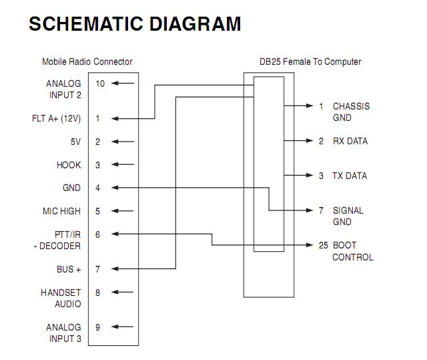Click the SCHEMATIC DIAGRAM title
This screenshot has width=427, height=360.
(135, 23)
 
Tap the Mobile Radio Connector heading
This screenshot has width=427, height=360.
(87, 61)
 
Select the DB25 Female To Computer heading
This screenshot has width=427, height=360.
(310, 61)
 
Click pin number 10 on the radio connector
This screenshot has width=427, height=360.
(100, 83)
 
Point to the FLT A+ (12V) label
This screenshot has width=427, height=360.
(56, 118)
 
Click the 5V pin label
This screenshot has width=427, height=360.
(75, 142)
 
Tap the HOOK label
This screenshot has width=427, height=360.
(69, 165)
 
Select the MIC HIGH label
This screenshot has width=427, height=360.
(61, 211)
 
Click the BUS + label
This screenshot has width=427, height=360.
(69, 269)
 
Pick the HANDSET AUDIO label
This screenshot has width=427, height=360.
(61, 298)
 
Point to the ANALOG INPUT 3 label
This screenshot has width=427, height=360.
(64, 333)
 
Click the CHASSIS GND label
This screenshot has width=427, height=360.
(352, 112)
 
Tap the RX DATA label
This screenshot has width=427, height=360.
(350, 141)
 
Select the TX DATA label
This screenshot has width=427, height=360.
(350, 176)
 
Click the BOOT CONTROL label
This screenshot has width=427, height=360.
(353, 251)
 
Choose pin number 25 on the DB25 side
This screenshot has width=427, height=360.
(324, 245)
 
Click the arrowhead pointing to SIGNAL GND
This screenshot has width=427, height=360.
(310, 210)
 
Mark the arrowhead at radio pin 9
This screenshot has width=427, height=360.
(115, 327)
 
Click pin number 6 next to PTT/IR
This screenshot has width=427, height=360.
(97, 234)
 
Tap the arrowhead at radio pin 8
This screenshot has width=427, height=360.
(115, 292)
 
